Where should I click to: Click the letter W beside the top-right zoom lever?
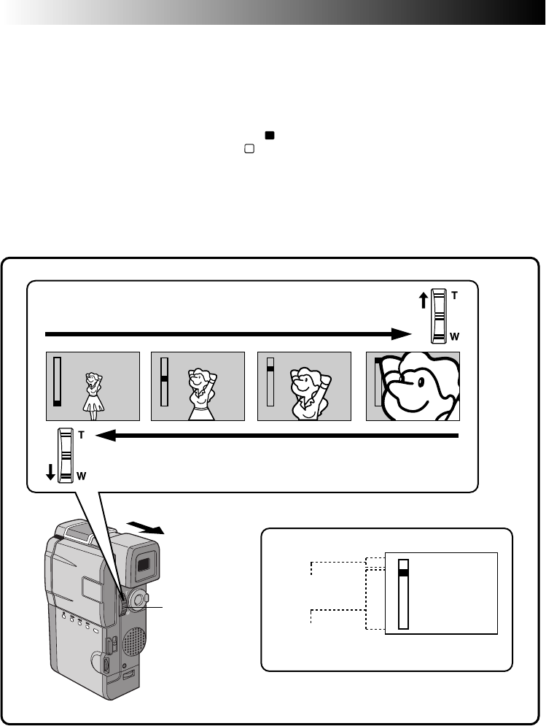click(455, 337)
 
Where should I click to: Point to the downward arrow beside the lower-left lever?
click(50, 473)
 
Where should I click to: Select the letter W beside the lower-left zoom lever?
click(82, 476)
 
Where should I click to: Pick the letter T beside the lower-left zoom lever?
click(82, 434)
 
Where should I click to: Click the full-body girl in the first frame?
click(93, 395)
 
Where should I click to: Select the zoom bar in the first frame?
click(57, 382)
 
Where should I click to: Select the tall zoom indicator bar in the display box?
click(403, 593)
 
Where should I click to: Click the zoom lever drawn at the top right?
click(438, 316)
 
